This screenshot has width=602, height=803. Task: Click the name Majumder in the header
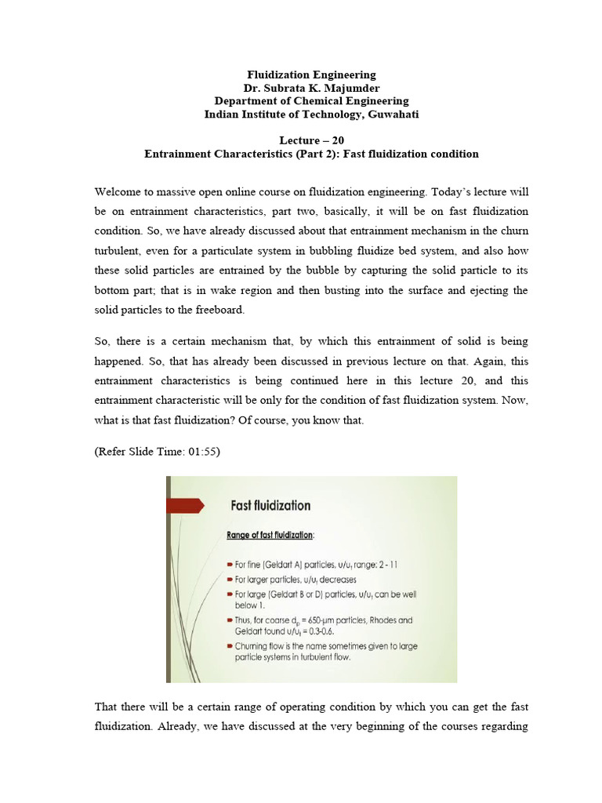click(351, 88)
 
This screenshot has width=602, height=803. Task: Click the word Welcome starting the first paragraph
click(118, 192)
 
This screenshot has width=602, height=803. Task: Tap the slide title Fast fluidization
click(269, 506)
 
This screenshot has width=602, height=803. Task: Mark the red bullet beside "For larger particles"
click(227, 580)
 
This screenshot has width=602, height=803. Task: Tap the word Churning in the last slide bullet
click(256, 645)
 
